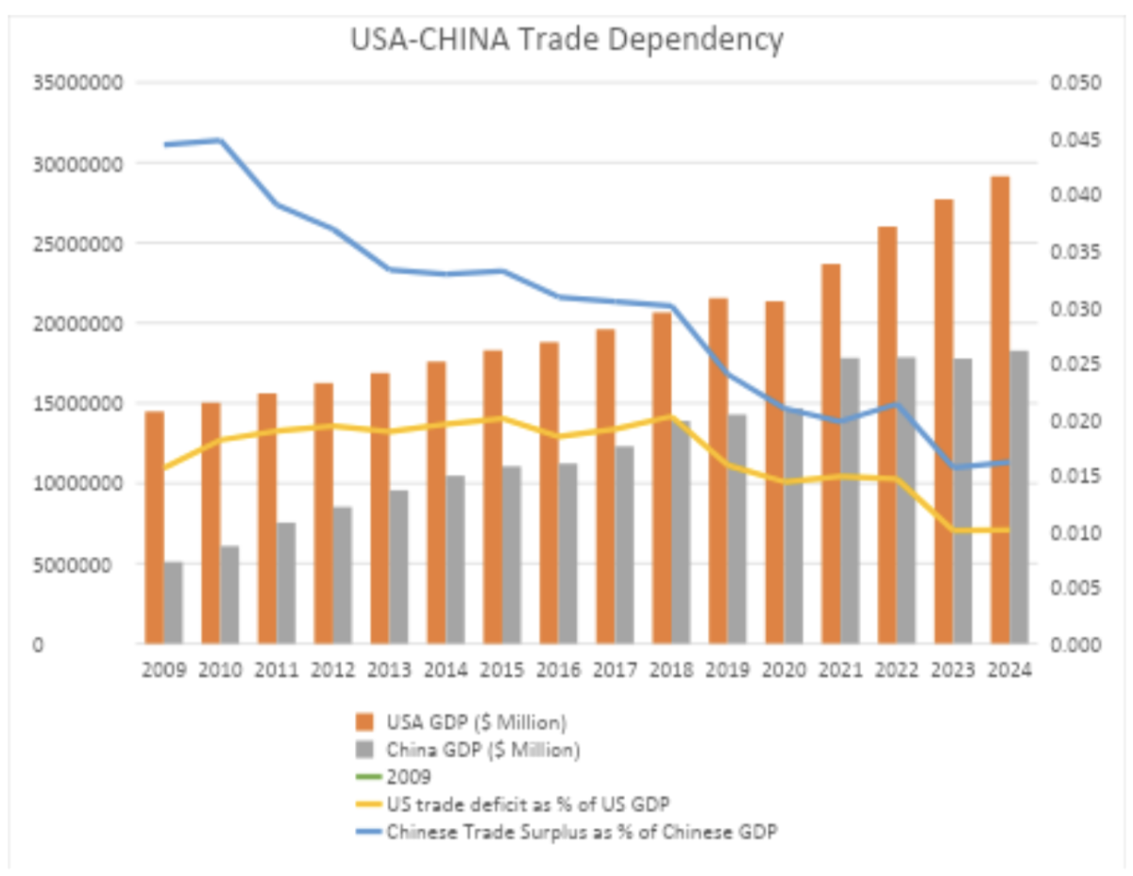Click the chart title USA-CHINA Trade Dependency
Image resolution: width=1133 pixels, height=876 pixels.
(x=566, y=40)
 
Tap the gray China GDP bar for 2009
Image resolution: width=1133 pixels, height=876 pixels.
(x=173, y=603)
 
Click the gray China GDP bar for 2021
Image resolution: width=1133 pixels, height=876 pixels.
(x=850, y=501)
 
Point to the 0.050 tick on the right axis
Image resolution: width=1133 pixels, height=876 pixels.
(x=1075, y=83)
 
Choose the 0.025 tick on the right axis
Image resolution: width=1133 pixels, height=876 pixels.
(x=1075, y=363)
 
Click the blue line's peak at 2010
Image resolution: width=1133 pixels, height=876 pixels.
(x=220, y=140)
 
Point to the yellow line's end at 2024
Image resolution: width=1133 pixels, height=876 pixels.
(x=1008, y=530)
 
